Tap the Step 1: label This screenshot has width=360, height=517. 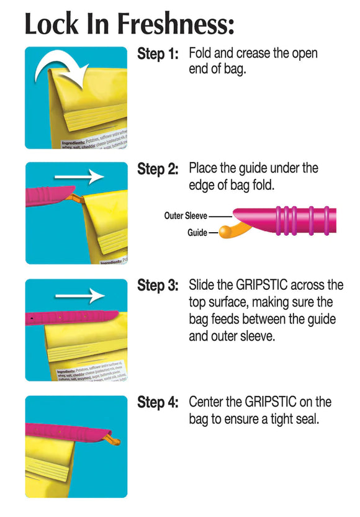(x=158, y=55)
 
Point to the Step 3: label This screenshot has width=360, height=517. (x=158, y=286)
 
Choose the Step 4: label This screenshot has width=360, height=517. (x=158, y=403)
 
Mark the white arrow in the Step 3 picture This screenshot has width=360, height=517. (x=88, y=295)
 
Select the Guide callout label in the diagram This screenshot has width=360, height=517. (x=197, y=233)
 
